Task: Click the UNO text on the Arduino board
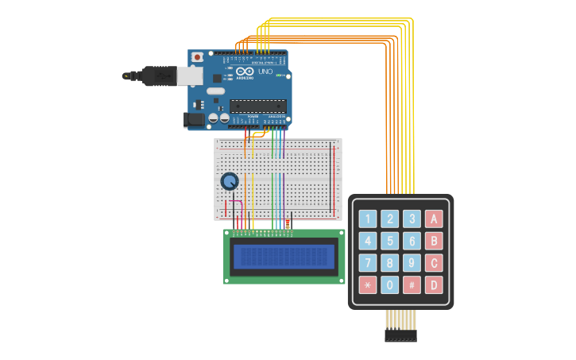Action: click(265, 72)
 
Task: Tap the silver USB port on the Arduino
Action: click(189, 75)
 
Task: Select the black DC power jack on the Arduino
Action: click(193, 120)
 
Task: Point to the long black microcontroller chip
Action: click(257, 106)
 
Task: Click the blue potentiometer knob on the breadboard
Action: click(230, 181)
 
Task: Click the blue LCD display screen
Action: click(284, 256)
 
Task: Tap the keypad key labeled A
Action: click(434, 219)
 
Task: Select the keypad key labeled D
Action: click(434, 285)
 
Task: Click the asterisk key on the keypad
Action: click(368, 285)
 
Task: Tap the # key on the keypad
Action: click(412, 285)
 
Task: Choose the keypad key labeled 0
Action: click(389, 285)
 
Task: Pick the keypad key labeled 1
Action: click(368, 219)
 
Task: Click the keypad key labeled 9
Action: click(412, 263)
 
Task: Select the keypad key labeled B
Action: click(434, 241)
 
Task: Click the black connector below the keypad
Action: click(400, 335)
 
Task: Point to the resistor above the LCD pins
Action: click(288, 225)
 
